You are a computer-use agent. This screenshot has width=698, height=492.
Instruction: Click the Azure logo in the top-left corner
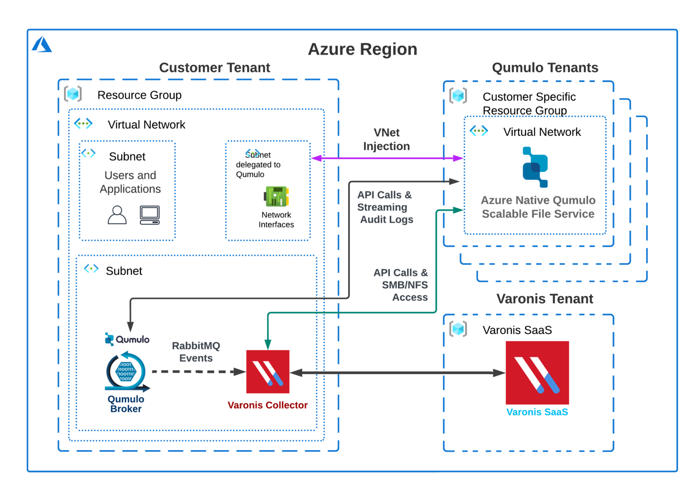(42, 44)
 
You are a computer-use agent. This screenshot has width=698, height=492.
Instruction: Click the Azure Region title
(362, 49)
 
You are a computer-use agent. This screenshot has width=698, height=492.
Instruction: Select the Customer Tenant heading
(214, 68)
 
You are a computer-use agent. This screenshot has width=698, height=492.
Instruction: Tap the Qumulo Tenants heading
(545, 68)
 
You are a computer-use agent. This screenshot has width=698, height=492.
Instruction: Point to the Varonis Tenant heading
(544, 299)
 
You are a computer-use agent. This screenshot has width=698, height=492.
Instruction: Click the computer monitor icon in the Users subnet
(150, 215)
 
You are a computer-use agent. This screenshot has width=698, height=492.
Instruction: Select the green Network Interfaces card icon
(276, 197)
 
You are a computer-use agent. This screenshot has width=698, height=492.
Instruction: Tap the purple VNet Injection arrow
(386, 158)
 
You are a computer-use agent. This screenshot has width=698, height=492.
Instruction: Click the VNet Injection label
(386, 139)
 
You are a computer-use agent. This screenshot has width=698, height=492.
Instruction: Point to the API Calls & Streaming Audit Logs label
(385, 207)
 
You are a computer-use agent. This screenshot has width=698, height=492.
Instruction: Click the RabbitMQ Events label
(196, 352)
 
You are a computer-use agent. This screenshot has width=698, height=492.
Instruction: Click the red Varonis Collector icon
(268, 372)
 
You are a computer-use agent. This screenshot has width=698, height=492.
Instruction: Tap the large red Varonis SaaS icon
(537, 373)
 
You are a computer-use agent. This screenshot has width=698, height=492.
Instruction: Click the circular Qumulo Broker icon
(126, 371)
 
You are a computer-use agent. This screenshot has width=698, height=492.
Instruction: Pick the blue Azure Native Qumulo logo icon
(535, 167)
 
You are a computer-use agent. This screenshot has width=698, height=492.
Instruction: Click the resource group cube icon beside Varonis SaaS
(458, 329)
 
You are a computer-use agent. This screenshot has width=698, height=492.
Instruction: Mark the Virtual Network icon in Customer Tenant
(83, 123)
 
